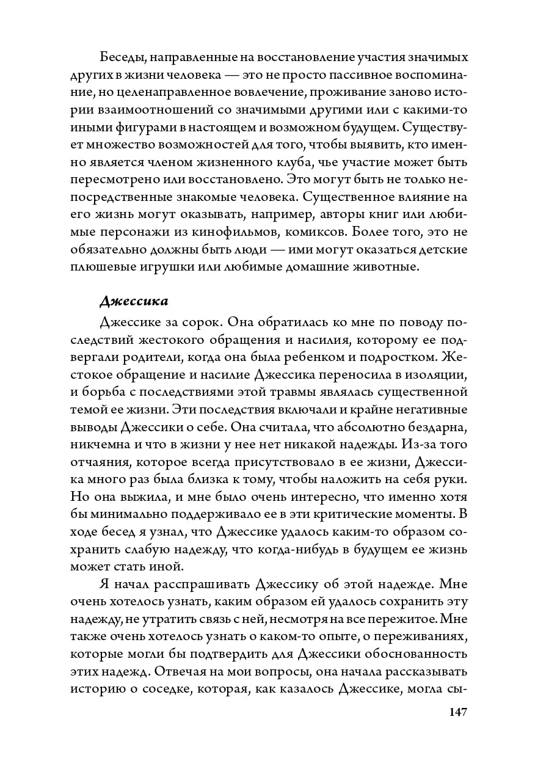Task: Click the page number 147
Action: [457, 712]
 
